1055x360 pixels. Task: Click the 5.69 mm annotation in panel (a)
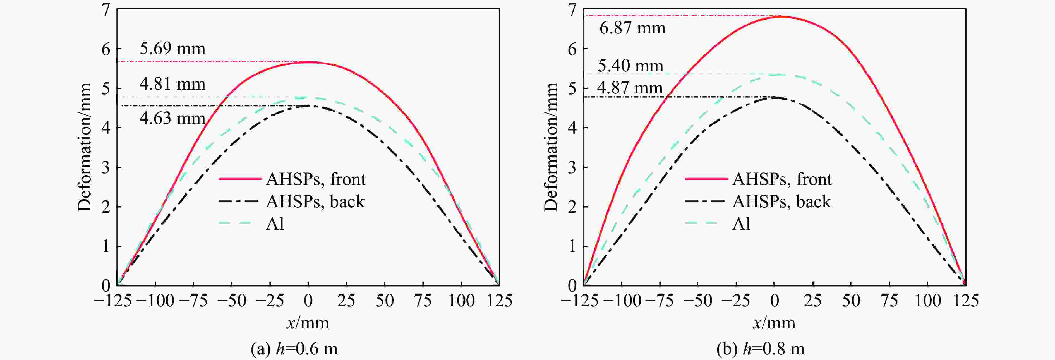(x=172, y=49)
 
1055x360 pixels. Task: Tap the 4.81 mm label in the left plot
(x=172, y=84)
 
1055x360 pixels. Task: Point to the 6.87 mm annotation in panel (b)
(x=633, y=28)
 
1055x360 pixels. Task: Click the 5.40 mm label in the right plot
(x=630, y=66)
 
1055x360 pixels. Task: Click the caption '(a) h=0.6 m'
(x=294, y=349)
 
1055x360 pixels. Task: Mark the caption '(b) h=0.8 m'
(x=761, y=349)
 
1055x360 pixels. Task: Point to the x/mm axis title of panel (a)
(x=308, y=323)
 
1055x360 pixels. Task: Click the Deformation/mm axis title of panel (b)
(x=551, y=147)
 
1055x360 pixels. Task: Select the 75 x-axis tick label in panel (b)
(x=889, y=301)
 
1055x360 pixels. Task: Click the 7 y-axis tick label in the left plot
(x=106, y=9)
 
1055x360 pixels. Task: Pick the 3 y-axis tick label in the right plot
(x=572, y=167)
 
